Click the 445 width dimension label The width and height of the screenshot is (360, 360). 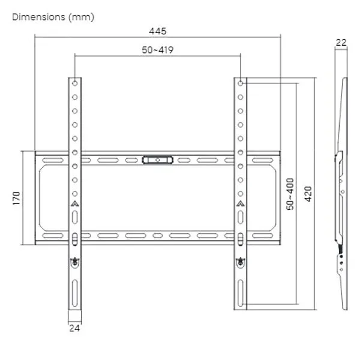(157, 31)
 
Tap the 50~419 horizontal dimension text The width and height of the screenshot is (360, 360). (157, 50)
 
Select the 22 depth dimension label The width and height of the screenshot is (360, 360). (341, 43)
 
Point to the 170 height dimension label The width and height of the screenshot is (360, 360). (17, 198)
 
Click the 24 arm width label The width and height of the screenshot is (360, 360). (74, 328)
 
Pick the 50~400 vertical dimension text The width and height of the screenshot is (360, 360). (290, 194)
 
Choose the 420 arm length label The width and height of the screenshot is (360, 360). (308, 194)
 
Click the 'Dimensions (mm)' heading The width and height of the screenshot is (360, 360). (53, 17)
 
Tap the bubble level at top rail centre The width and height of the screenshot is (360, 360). (157, 160)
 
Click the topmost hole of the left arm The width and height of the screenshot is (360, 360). (75, 83)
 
